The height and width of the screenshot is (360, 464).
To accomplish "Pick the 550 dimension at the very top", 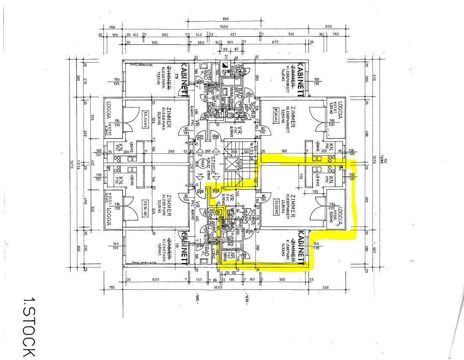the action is tap(225, 19).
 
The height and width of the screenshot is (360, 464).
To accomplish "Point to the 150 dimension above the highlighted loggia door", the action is tap(315, 191).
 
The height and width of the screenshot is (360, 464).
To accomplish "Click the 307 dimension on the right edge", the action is tap(373, 248).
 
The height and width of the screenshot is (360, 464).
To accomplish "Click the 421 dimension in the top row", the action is tap(233, 35).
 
